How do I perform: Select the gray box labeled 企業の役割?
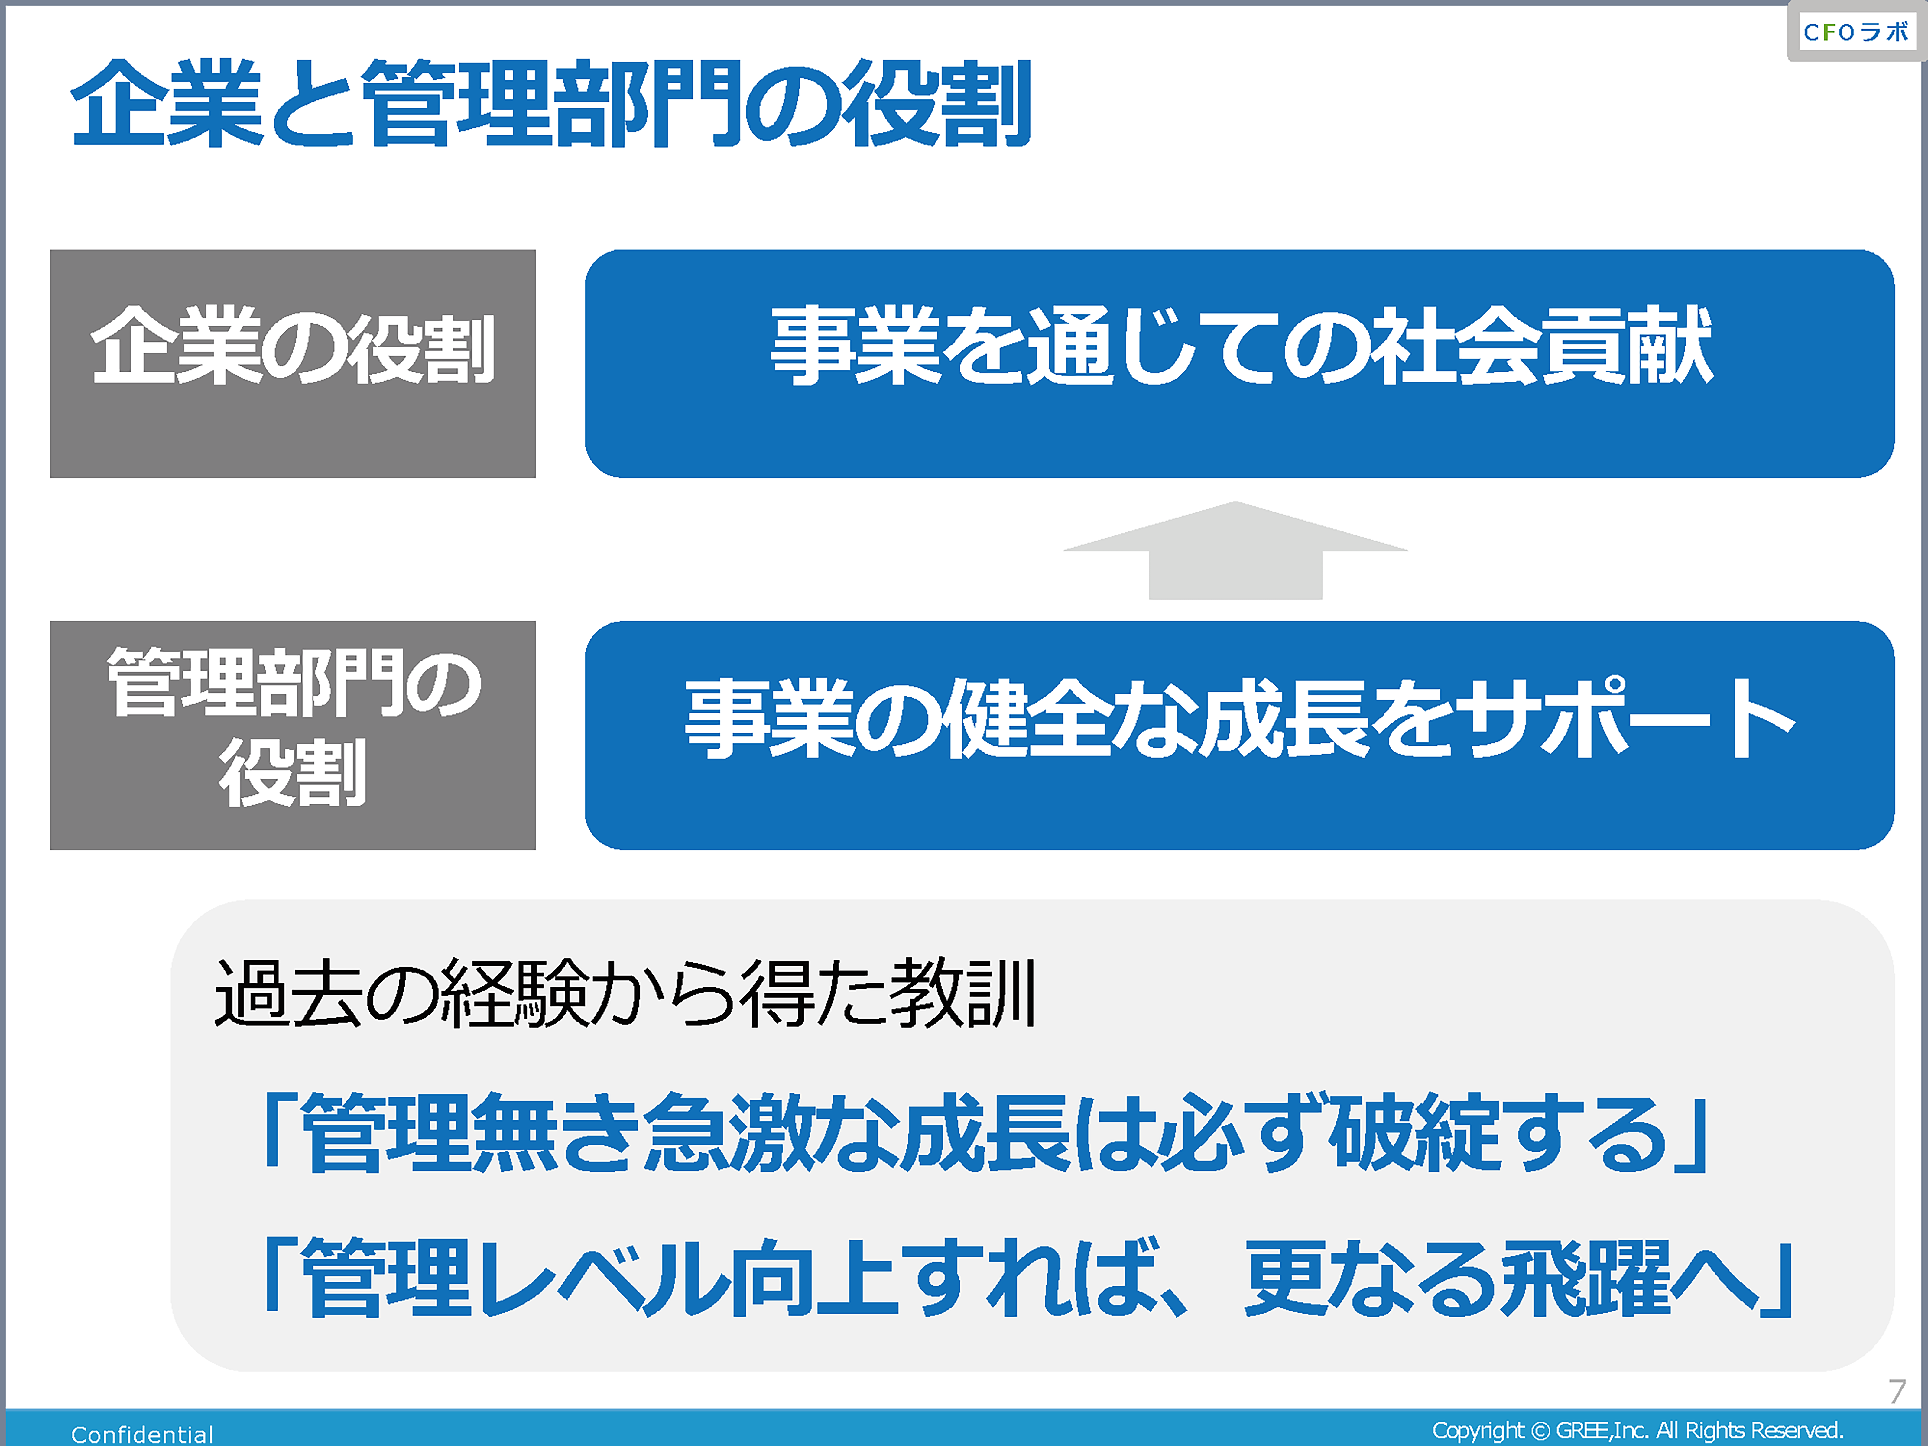(x=293, y=363)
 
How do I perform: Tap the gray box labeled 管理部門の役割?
(x=293, y=735)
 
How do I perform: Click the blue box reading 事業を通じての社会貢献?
(x=1239, y=363)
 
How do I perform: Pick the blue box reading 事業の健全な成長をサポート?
(x=1239, y=735)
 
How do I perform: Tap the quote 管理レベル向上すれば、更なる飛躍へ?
(x=1027, y=1277)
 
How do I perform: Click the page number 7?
(x=1897, y=1391)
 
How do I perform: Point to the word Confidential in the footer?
(x=142, y=1434)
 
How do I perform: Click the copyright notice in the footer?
(x=1638, y=1430)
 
